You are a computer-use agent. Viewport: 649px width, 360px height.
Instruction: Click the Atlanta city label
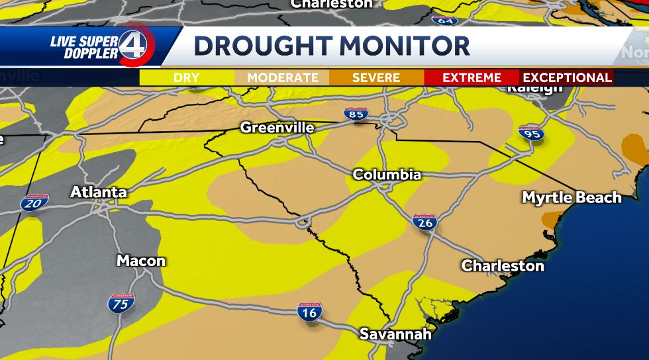99,193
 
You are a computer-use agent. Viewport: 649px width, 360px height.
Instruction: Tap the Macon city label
141,261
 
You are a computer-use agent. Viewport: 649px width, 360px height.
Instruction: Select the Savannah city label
395,334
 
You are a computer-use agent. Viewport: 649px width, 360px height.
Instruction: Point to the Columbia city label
387,175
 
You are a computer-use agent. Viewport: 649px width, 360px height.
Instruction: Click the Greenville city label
277,127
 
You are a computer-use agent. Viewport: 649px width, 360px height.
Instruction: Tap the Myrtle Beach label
572,197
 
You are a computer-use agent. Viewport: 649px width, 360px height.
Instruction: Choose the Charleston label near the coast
503,266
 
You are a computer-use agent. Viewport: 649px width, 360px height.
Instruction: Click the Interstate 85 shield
356,114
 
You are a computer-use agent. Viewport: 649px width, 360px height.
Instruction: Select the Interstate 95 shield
531,133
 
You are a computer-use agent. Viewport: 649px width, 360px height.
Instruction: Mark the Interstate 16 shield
309,311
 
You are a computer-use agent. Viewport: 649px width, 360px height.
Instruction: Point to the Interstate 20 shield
34,202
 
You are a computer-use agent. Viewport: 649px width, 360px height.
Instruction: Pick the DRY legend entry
187,77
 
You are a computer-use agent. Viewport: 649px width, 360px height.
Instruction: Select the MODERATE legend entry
283,77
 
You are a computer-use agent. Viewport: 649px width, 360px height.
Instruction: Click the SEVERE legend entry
376,77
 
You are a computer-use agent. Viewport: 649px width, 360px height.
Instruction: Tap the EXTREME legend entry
472,77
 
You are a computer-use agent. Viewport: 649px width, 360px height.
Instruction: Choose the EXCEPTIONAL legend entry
567,77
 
